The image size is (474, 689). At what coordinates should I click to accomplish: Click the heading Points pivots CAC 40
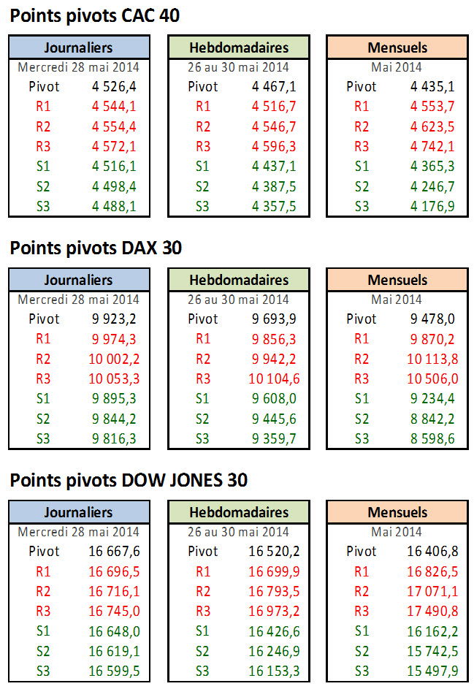click(95, 15)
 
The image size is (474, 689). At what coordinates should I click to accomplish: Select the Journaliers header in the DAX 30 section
click(79, 280)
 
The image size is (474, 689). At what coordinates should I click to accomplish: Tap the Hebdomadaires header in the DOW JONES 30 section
click(239, 512)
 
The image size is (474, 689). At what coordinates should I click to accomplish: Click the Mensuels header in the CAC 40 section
click(397, 47)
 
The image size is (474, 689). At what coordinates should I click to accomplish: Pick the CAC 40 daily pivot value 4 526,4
click(114, 86)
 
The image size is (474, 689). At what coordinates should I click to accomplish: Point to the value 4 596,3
click(274, 146)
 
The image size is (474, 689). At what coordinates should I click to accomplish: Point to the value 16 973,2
click(270, 611)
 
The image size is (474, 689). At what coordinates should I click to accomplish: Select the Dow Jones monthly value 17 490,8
click(429, 611)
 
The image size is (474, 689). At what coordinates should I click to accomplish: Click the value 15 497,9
click(429, 671)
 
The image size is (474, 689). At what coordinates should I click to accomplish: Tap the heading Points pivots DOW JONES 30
click(129, 480)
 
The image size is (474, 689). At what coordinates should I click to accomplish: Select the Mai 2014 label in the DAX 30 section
click(397, 300)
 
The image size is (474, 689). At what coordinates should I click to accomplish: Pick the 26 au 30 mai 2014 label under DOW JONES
click(239, 532)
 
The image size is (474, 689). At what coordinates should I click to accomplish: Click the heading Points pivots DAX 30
click(96, 248)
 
